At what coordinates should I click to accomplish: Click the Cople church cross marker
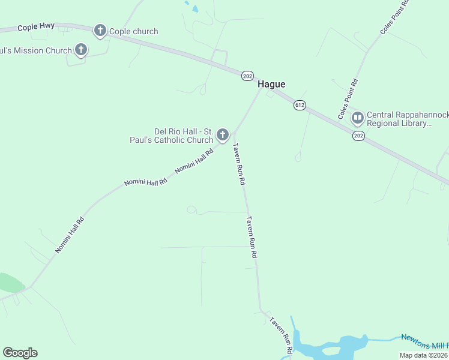click(100, 31)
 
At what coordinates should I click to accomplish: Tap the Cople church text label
click(133, 31)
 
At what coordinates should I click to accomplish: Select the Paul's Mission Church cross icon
click(81, 50)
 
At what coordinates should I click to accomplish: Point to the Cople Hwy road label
click(36, 28)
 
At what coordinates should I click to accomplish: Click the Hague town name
click(271, 85)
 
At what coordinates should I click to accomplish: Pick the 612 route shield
click(300, 106)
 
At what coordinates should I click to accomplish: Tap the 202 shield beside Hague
click(247, 76)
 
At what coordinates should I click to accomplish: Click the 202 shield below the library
click(358, 136)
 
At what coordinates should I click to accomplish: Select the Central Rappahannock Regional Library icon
click(357, 116)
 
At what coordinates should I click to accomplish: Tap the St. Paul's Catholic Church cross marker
click(223, 135)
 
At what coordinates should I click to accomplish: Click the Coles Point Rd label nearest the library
click(348, 99)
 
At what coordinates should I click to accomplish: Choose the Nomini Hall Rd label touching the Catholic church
click(194, 161)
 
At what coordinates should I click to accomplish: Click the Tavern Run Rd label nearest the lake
click(281, 334)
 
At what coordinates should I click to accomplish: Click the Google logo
click(20, 353)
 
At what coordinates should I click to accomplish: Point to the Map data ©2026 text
click(423, 355)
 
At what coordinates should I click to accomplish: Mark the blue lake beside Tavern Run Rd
click(327, 348)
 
